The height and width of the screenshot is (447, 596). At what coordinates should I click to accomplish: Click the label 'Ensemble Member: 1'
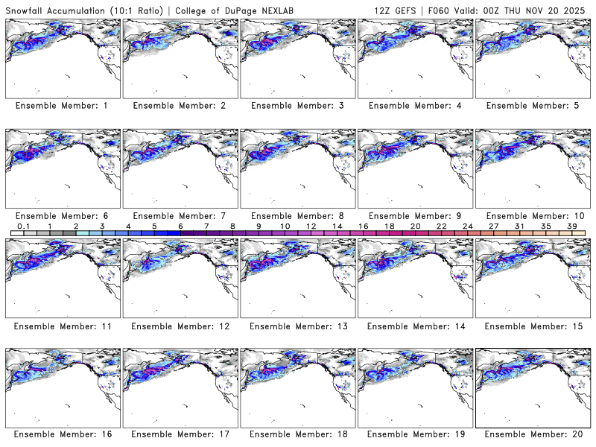[62, 106]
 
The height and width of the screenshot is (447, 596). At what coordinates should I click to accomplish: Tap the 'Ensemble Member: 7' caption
[180, 216]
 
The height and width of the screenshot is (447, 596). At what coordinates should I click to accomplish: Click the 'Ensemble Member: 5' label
[532, 106]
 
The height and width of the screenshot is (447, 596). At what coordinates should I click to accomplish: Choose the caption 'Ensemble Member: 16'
[62, 435]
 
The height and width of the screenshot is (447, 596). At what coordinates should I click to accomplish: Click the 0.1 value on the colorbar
[24, 226]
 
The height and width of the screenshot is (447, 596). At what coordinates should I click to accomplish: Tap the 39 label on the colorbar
[571, 226]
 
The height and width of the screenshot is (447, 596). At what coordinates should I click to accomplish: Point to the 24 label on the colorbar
[467, 226]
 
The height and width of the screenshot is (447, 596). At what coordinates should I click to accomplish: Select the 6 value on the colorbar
[180, 226]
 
